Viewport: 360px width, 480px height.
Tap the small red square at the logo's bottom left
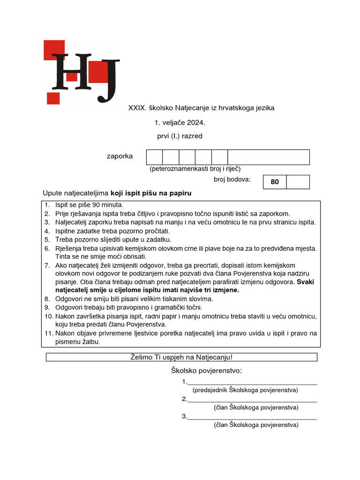tap(53, 98)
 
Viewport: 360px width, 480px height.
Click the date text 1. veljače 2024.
tap(180, 123)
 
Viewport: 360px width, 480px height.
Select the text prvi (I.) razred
tap(180, 136)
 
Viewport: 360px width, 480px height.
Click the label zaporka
tap(120, 156)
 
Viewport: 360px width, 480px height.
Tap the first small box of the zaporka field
tap(154, 157)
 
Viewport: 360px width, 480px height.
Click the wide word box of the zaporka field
tap(269, 157)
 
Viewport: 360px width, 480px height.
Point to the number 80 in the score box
tap(275, 182)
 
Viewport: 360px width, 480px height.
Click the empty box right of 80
tap(298, 182)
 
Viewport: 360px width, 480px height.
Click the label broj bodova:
tap(232, 179)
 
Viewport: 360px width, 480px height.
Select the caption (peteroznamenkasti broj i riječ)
tap(195, 169)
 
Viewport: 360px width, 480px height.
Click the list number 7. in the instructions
tap(47, 265)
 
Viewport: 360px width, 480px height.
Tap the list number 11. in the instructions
tap(48, 333)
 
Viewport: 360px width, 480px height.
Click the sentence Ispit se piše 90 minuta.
tap(89, 205)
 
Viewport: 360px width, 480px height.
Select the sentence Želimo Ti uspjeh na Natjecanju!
tap(181, 357)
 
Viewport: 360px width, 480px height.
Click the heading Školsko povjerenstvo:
tap(206, 371)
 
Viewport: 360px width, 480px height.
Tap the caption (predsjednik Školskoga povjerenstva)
tap(245, 390)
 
